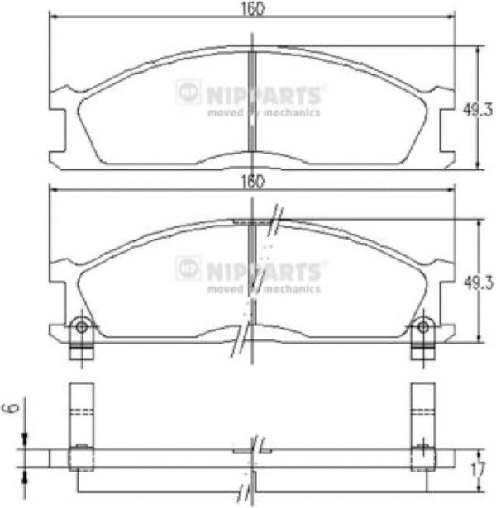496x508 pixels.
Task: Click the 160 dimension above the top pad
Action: click(x=253, y=9)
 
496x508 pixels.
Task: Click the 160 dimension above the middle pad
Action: click(x=253, y=182)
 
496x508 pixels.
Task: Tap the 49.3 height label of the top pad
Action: click(x=478, y=110)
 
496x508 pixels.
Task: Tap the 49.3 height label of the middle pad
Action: click(x=479, y=282)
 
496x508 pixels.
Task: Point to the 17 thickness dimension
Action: click(x=478, y=469)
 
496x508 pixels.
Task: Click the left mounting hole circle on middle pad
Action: click(x=81, y=327)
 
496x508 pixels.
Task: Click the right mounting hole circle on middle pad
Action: click(x=423, y=327)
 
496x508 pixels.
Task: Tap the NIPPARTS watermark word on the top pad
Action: click(x=264, y=96)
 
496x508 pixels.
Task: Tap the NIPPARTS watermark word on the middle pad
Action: click(x=264, y=272)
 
